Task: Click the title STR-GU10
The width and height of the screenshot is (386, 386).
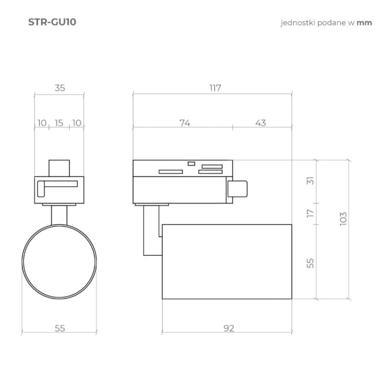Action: pyautogui.click(x=52, y=23)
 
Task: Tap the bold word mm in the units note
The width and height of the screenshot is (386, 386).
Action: pyautogui.click(x=364, y=23)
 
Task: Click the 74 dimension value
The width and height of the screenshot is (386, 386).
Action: pyautogui.click(x=185, y=122)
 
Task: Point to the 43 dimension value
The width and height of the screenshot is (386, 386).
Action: pyautogui.click(x=261, y=122)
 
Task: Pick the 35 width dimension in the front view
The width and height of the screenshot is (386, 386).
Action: pyautogui.click(x=60, y=88)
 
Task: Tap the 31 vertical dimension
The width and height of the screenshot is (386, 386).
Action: pyautogui.click(x=310, y=181)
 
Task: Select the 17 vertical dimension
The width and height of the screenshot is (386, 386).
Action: pyautogui.click(x=310, y=213)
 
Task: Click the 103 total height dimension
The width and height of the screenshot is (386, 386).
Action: pyautogui.click(x=344, y=218)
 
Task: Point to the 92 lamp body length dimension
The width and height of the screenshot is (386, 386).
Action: pyautogui.click(x=229, y=328)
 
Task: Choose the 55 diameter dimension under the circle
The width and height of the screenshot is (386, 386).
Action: pyautogui.click(x=60, y=328)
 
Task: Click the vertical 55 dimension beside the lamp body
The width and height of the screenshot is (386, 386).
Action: pyautogui.click(x=310, y=263)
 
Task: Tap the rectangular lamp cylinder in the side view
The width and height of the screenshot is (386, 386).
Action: pyautogui.click(x=226, y=261)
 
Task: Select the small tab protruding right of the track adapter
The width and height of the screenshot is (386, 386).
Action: pyautogui.click(x=237, y=189)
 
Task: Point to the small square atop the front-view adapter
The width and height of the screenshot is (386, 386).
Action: pyautogui.click(x=59, y=168)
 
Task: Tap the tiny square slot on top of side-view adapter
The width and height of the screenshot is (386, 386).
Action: pyautogui.click(x=191, y=163)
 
